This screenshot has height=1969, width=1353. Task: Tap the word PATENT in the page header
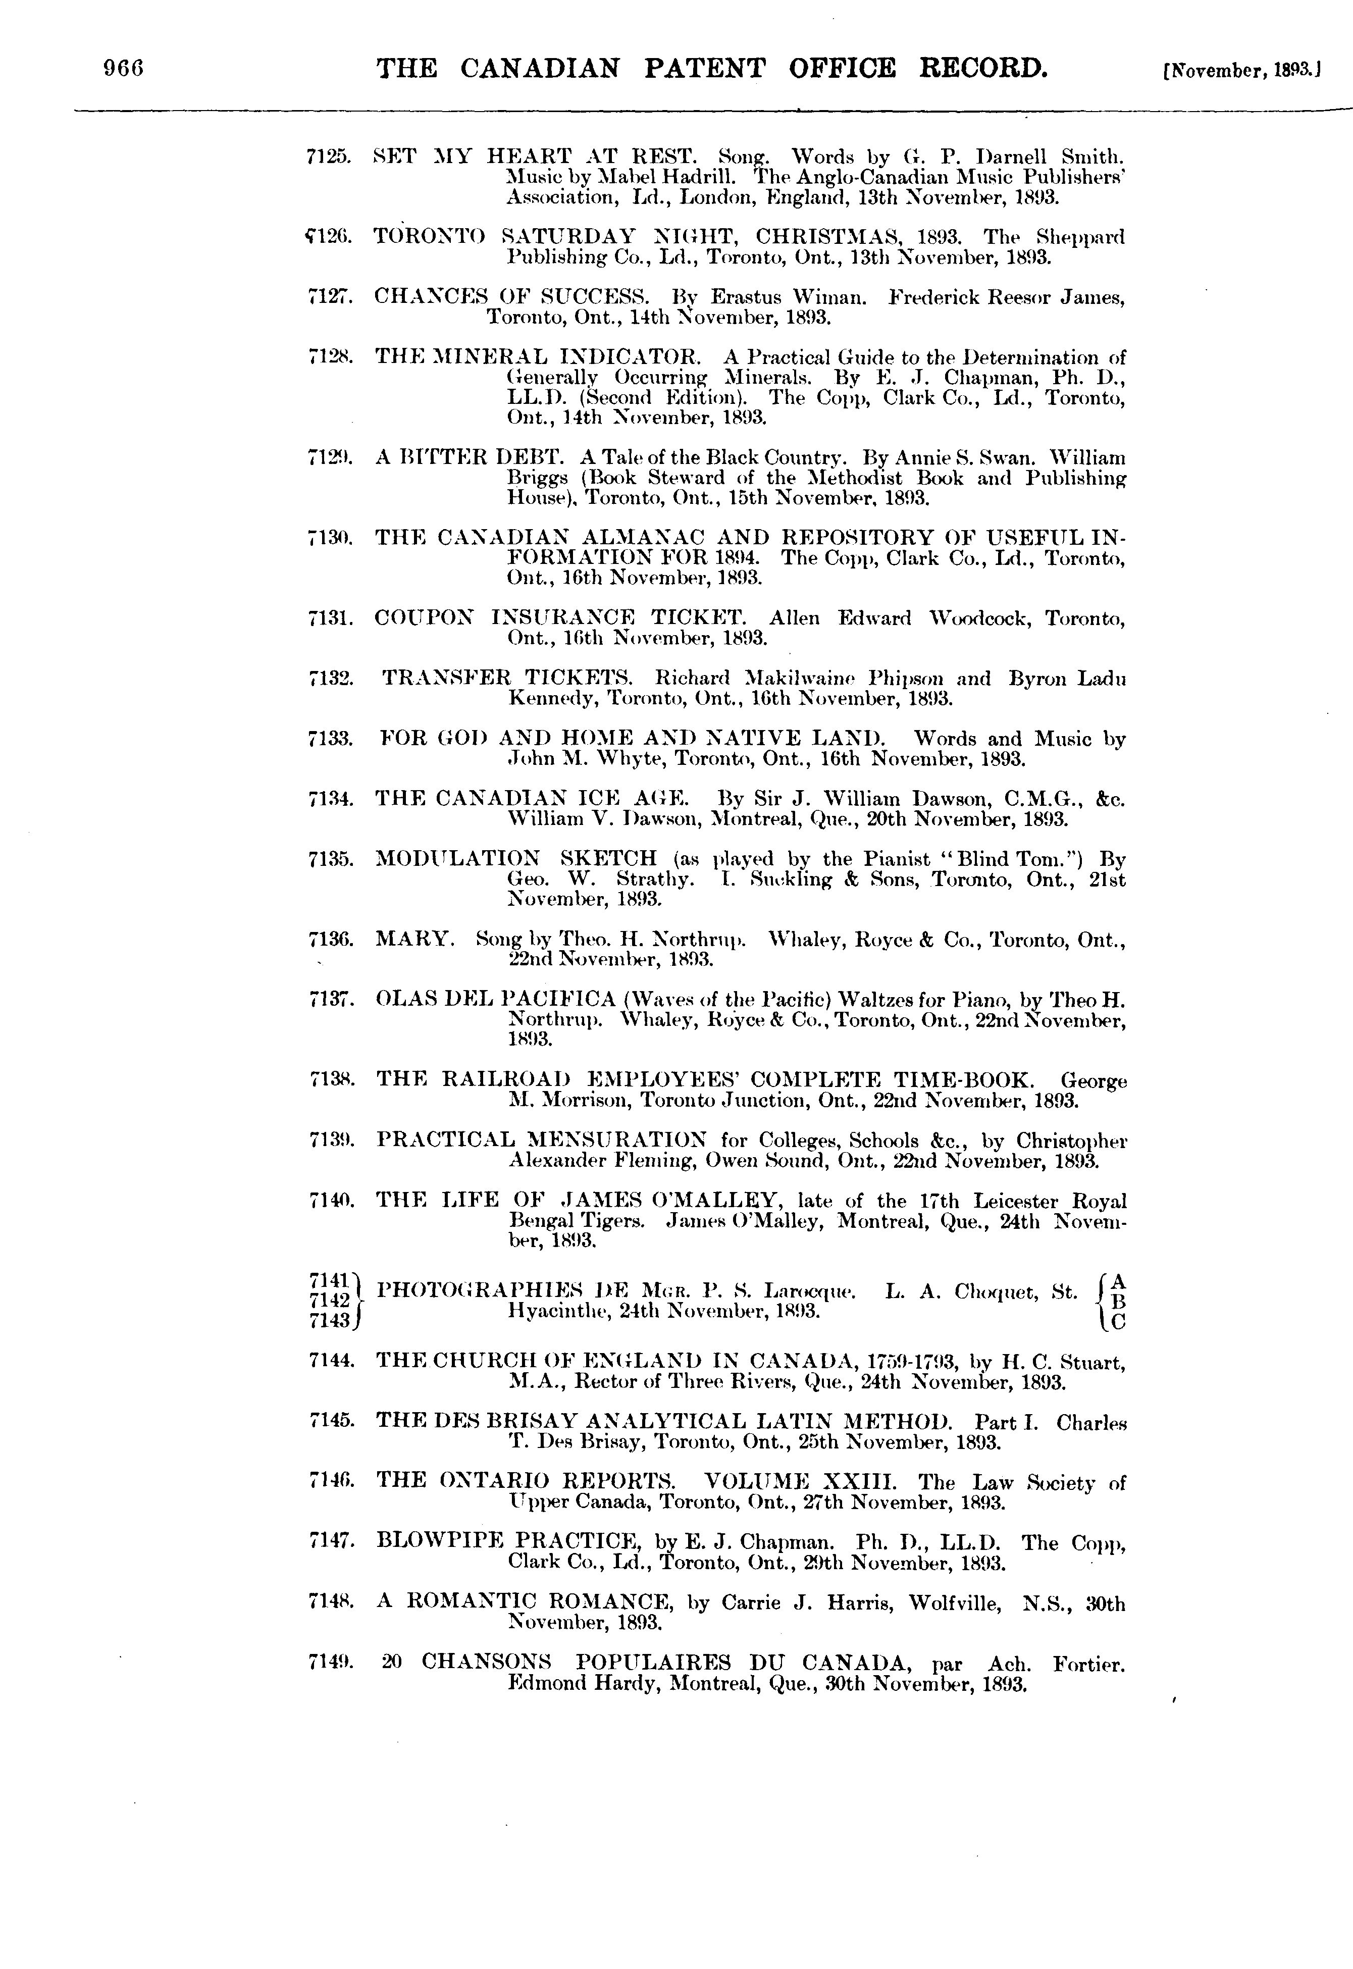(x=704, y=68)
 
